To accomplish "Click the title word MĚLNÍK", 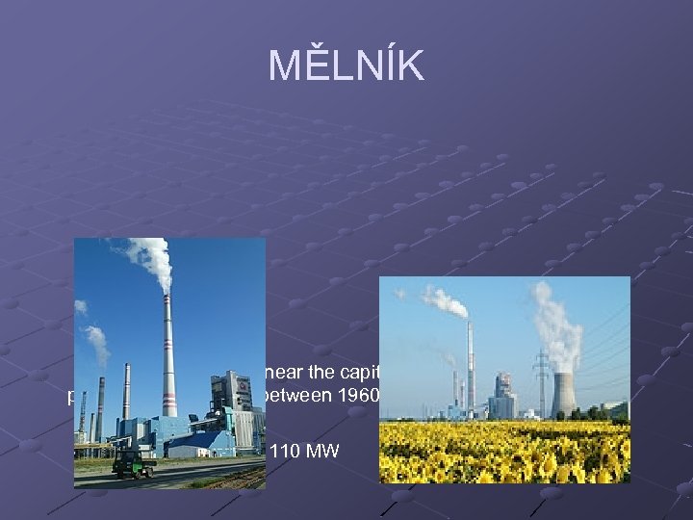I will (346, 65).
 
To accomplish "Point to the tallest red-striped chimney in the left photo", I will (169, 356).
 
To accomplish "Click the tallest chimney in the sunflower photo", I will (471, 366).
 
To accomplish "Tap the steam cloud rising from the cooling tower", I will (558, 327).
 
